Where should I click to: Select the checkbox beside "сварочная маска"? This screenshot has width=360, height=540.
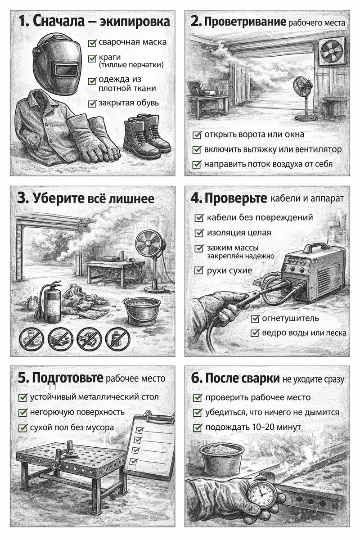pyautogui.click(x=93, y=43)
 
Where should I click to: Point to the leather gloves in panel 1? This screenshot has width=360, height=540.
pyautogui.click(x=92, y=138)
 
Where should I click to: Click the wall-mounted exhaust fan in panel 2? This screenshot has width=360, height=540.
pyautogui.click(x=332, y=50)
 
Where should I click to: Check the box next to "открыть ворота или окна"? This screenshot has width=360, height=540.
pyautogui.click(x=197, y=135)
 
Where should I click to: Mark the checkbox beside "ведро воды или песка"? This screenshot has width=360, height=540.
pyautogui.click(x=255, y=333)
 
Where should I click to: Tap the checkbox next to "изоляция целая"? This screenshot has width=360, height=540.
pyautogui.click(x=198, y=233)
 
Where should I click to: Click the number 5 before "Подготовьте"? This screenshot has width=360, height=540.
pyautogui.click(x=22, y=378)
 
